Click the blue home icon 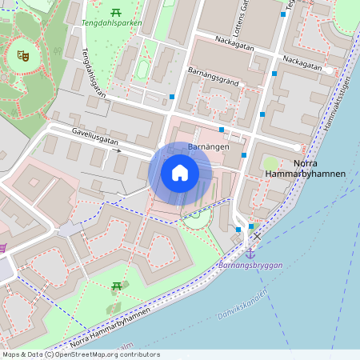[x=180, y=173]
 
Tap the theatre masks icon [x=23, y=56]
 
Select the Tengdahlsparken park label [x=112, y=23]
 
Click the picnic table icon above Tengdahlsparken [x=116, y=10]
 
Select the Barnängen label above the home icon [x=209, y=148]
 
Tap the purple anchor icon [x=250, y=253]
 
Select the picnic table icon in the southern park [x=117, y=286]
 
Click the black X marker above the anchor [x=256, y=238]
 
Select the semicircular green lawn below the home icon [x=195, y=214]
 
